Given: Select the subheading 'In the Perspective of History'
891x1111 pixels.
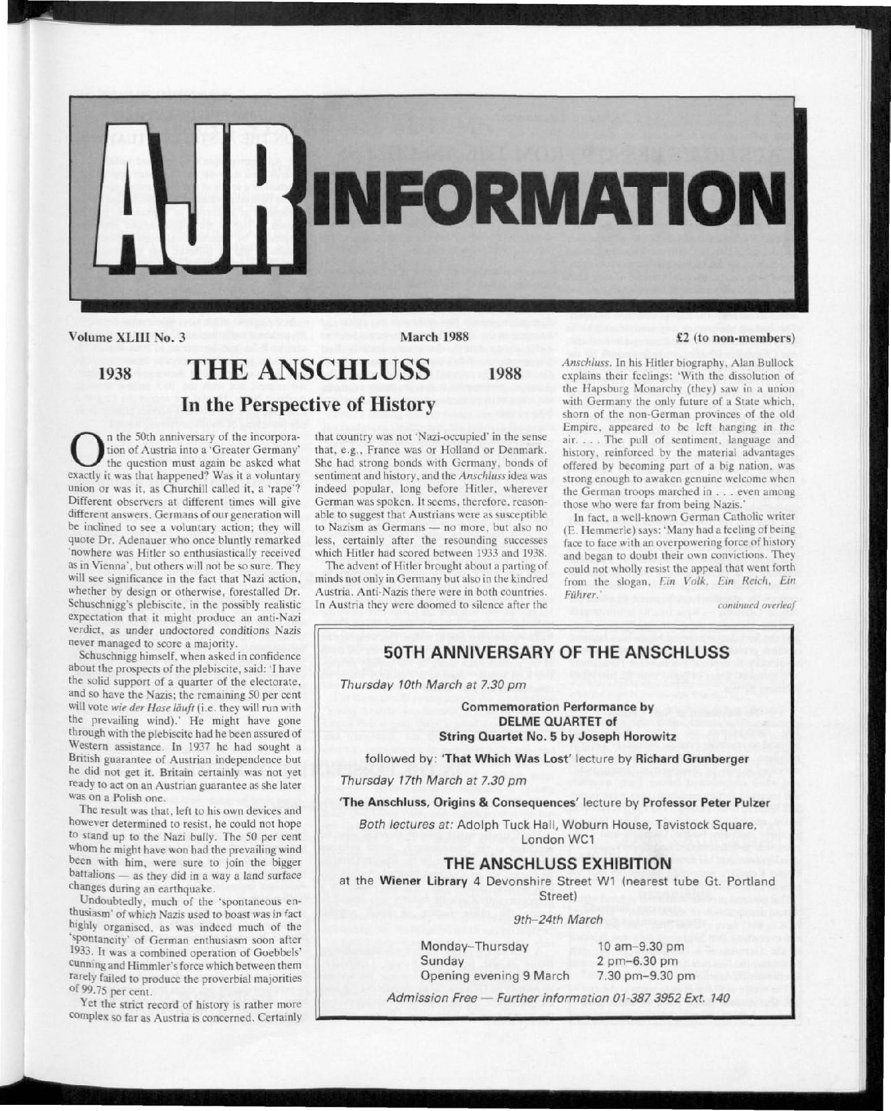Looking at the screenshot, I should click(306, 404).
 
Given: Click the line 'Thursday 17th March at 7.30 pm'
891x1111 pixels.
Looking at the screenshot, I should click(433, 780).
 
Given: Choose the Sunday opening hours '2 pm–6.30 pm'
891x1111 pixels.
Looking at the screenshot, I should click(638, 961).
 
